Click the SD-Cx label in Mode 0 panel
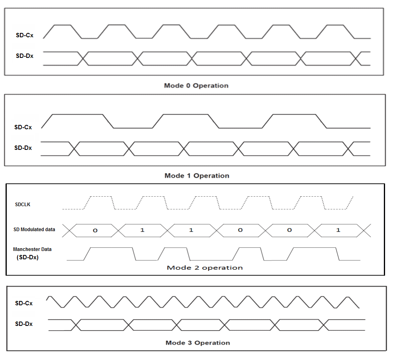(x=24, y=35)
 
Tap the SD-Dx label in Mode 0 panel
(x=24, y=56)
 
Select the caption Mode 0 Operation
(x=196, y=85)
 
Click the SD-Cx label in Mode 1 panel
(x=23, y=127)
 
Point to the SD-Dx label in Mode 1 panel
(x=23, y=148)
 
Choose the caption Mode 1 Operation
(x=197, y=176)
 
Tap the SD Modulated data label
(x=34, y=229)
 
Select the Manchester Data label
(x=32, y=249)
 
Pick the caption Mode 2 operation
(x=204, y=268)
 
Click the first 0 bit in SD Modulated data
(x=95, y=230)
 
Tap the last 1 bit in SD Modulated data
(x=338, y=230)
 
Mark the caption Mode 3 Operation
(x=197, y=343)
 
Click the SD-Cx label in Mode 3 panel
(x=24, y=303)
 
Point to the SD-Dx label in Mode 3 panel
(x=24, y=324)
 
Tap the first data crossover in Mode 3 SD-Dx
(x=75, y=324)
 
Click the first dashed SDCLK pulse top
(x=100, y=196)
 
